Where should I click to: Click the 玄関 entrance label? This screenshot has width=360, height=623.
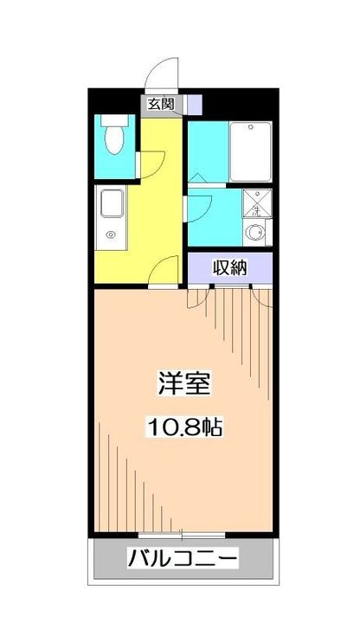pos(158,104)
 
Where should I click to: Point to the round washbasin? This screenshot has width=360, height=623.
pos(254,232)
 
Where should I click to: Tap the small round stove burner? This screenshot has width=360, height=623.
pos(110,234)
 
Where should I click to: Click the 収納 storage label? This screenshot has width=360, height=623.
pos(229,268)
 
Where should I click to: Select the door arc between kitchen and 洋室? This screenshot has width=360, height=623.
pos(163,272)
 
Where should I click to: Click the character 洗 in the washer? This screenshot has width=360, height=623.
pos(257,207)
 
